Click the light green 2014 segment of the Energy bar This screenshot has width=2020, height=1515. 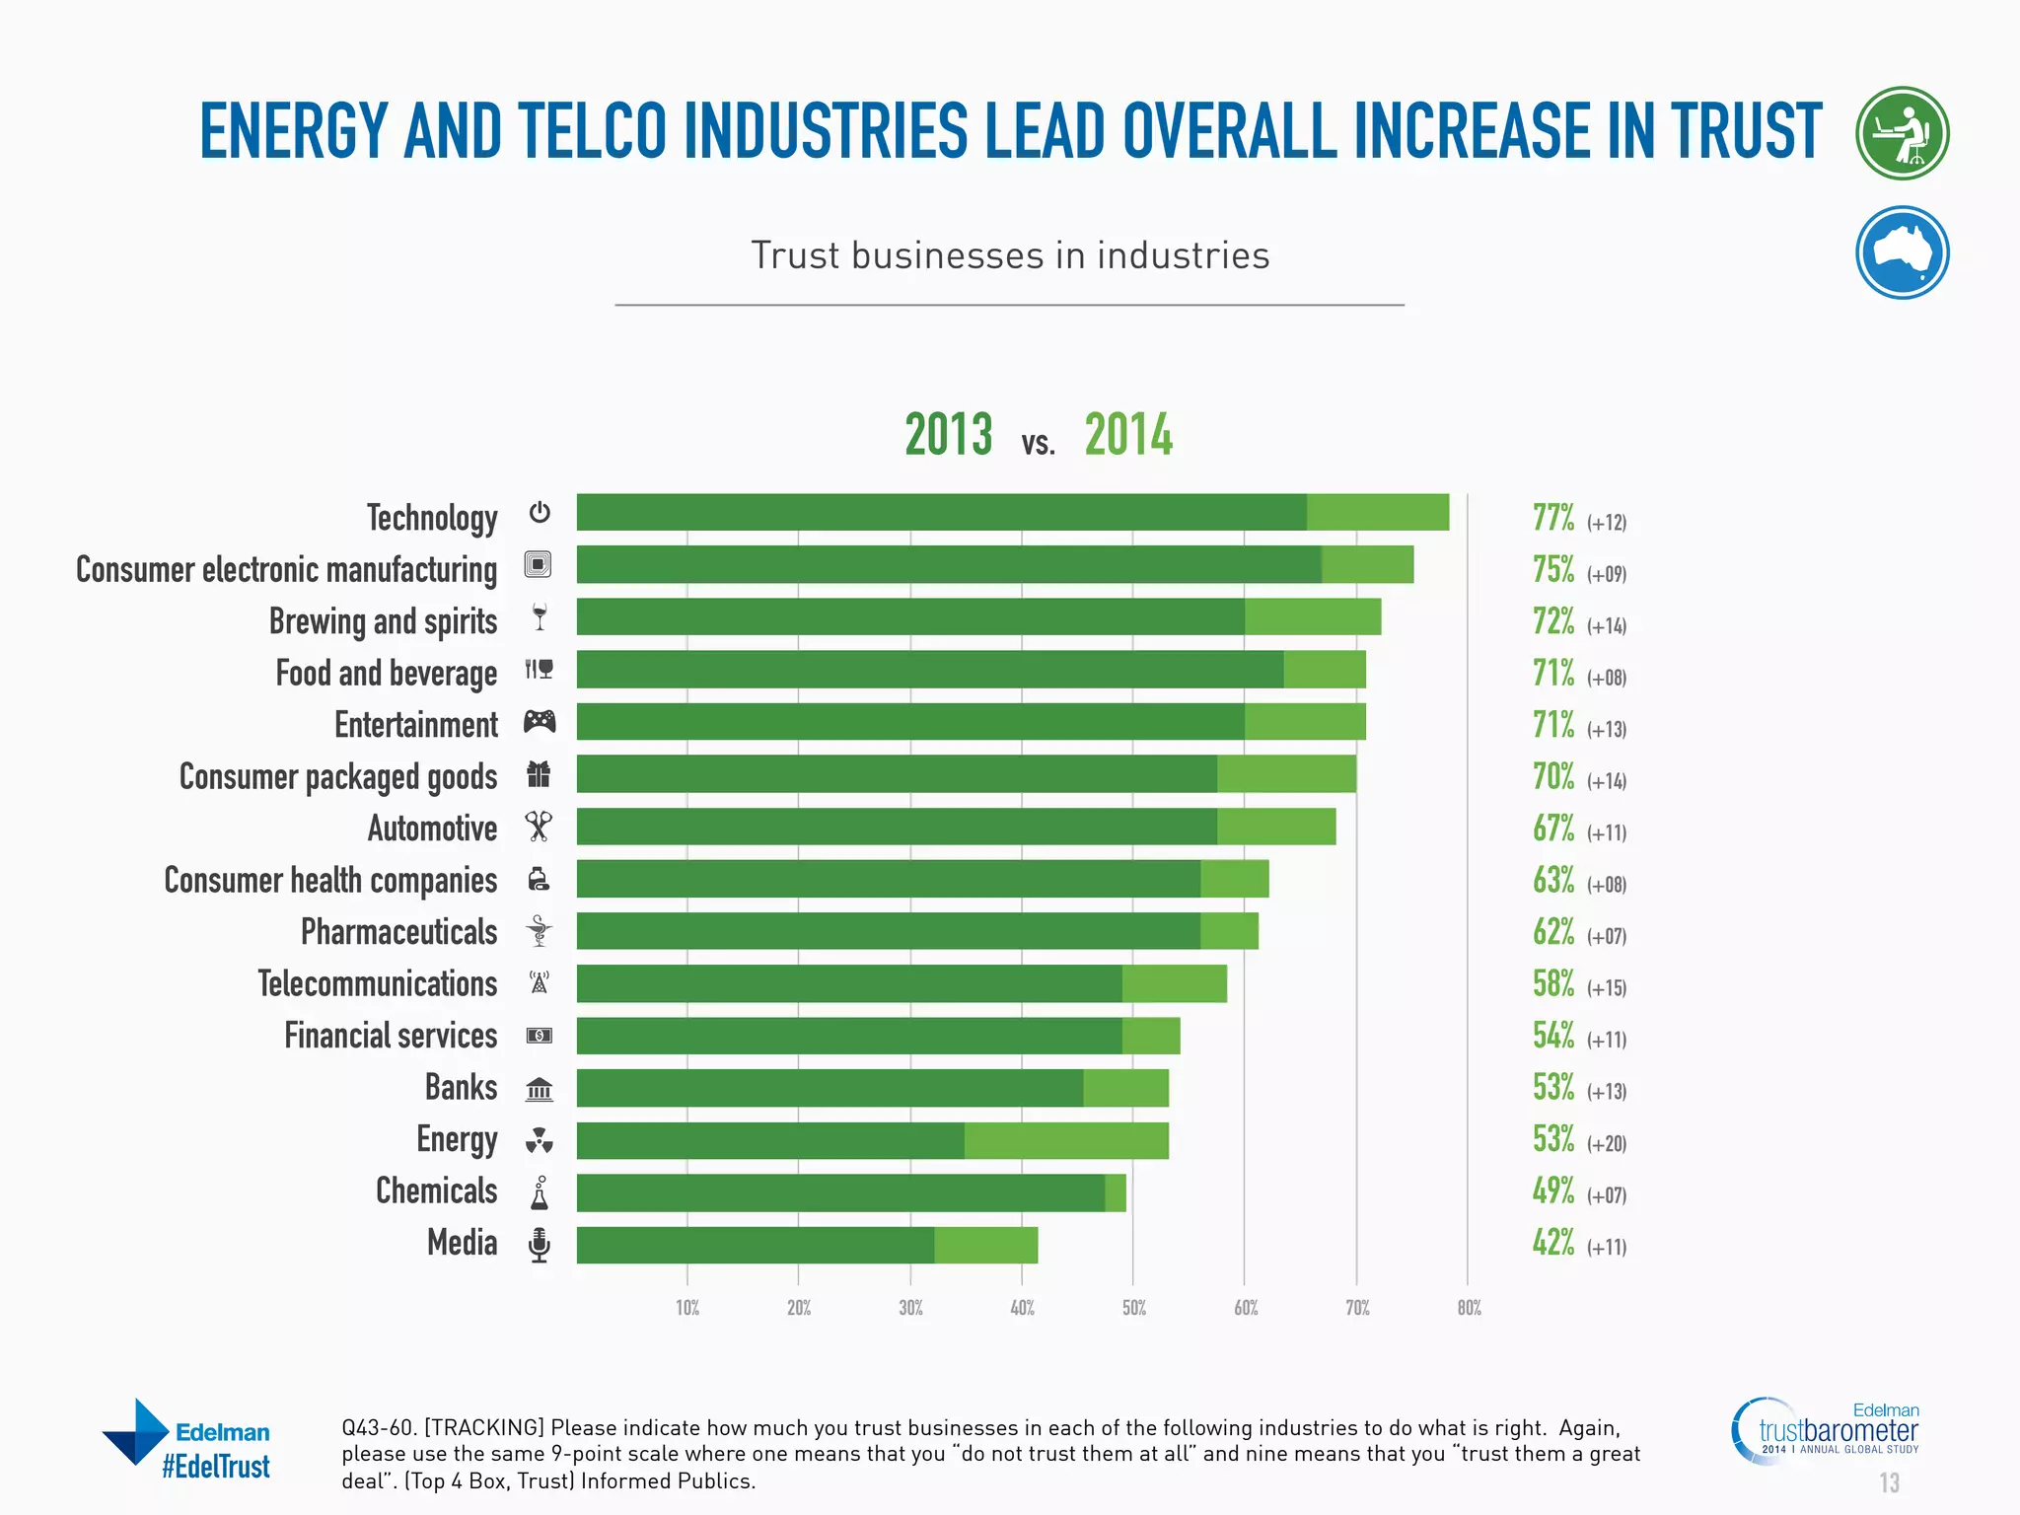[x=1066, y=1140]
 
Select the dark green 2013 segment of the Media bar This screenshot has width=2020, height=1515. [x=756, y=1245]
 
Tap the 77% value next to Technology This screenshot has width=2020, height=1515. [x=1552, y=518]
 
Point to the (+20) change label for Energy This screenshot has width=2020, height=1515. [x=1606, y=1144]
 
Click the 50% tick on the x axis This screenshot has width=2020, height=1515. [x=1133, y=1308]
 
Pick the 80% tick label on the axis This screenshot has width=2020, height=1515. [x=1469, y=1308]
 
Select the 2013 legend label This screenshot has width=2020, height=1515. [x=948, y=435]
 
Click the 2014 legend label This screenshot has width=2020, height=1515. [x=1128, y=435]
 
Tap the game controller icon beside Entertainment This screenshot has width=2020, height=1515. [x=540, y=722]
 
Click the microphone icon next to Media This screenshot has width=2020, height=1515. [x=539, y=1245]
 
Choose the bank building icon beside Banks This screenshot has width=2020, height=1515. [x=539, y=1089]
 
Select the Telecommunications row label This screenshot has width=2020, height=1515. [x=377, y=983]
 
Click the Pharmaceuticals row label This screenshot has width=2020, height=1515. [x=398, y=932]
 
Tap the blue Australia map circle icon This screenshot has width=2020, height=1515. [x=1902, y=252]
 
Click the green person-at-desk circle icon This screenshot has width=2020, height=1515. [x=1902, y=133]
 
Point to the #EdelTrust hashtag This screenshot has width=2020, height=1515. [x=215, y=1467]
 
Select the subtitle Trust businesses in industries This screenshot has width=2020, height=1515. [x=1010, y=255]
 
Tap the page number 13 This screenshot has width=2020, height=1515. [x=1888, y=1482]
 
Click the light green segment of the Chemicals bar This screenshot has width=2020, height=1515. [x=1116, y=1192]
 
